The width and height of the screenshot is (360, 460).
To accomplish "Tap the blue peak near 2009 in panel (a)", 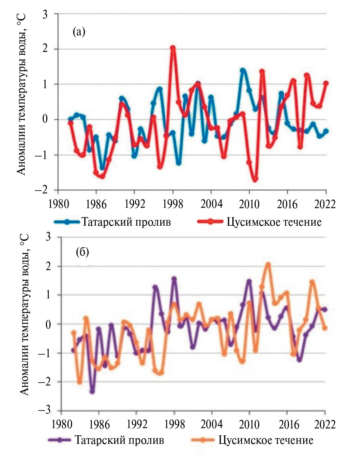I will (x=243, y=70).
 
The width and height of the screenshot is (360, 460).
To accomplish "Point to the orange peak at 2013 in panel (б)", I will (x=268, y=264).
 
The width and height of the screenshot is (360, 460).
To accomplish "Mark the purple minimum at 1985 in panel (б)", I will (x=92, y=392).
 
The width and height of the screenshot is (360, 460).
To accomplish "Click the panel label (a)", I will (x=79, y=32).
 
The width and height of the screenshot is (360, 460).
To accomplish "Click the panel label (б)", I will (x=82, y=252).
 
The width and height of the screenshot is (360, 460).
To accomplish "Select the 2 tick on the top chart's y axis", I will (x=46, y=49).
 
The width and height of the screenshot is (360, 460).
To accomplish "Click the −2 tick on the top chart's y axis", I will (x=43, y=190).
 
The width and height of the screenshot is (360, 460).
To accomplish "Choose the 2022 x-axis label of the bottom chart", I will (x=325, y=424).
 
